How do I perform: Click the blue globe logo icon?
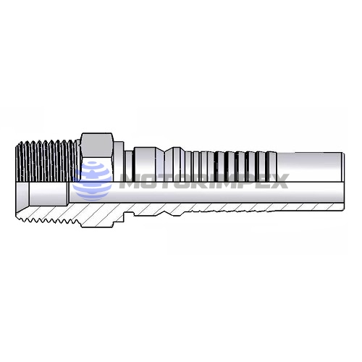click(96, 180)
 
